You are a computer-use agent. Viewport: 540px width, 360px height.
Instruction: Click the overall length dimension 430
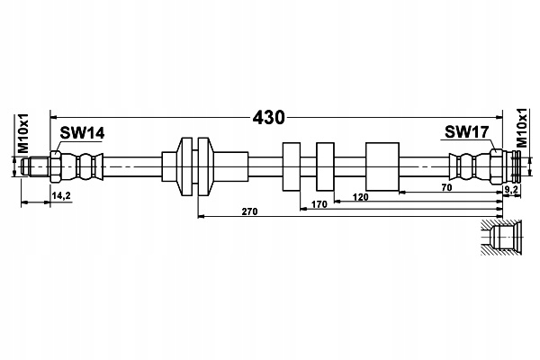pyautogui.click(x=268, y=118)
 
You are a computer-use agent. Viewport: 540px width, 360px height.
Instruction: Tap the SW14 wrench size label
pyautogui.click(x=82, y=133)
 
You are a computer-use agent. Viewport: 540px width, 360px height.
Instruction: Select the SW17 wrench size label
pyautogui.click(x=466, y=132)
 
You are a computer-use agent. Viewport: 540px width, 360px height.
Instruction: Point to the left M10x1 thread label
pyautogui.click(x=22, y=134)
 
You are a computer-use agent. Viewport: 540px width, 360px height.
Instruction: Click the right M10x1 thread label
pyautogui.click(x=522, y=128)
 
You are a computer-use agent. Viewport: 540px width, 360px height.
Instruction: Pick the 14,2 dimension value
pyautogui.click(x=61, y=195)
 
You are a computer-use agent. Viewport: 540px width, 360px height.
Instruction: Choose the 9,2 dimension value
pyautogui.click(x=511, y=189)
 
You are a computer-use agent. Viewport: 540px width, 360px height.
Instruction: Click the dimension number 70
pyautogui.click(x=446, y=188)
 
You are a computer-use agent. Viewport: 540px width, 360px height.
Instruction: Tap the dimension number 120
pyautogui.click(x=360, y=197)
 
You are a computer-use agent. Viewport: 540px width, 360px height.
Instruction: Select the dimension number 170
pyautogui.click(x=319, y=204)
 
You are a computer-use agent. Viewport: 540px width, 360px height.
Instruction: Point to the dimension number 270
pyautogui.click(x=249, y=211)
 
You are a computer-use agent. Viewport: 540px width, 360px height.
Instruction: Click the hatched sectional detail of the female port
pyautogui.click(x=502, y=237)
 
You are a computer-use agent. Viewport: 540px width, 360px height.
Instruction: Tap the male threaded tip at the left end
pyautogui.click(x=34, y=166)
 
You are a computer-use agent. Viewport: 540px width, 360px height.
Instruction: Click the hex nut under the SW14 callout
pyautogui.click(x=56, y=166)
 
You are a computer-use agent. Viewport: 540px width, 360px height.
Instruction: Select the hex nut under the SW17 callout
pyautogui.click(x=496, y=166)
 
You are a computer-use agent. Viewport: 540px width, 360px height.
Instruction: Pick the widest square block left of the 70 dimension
pyautogui.click(x=382, y=166)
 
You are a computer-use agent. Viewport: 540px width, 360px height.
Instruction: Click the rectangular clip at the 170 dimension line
pyautogui.click(x=292, y=166)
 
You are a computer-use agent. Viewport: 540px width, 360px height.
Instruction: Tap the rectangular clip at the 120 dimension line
pyautogui.click(x=325, y=166)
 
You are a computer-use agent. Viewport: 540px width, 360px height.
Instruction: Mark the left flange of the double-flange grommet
pyautogui.click(x=186, y=166)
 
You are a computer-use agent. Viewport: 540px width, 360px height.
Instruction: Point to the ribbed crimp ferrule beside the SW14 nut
pyautogui.click(x=83, y=166)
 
